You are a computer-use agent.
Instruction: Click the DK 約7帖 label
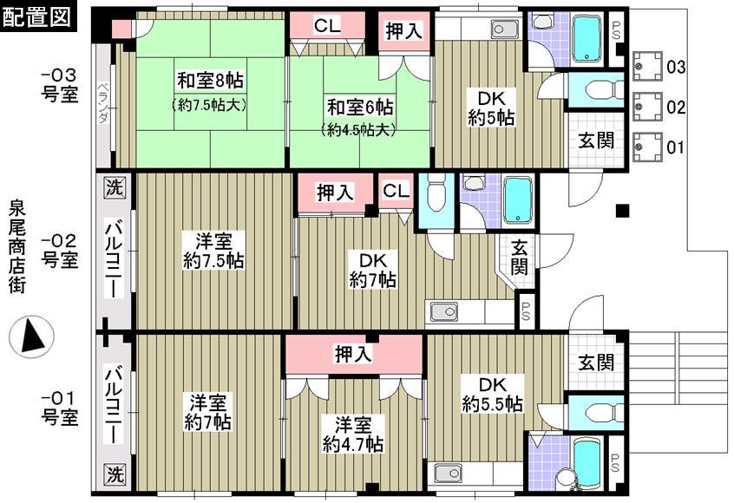coord(374,269)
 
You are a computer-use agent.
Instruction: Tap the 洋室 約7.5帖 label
coord(213,250)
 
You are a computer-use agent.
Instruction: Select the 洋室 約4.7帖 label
coord(353,434)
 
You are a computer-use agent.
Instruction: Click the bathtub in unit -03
coord(587,38)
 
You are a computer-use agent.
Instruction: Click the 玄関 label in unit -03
coord(596,139)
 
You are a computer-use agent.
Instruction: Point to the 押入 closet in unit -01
coord(354,354)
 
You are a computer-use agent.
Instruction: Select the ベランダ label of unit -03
coord(103,102)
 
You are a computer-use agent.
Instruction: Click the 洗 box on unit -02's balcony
coord(115,186)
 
